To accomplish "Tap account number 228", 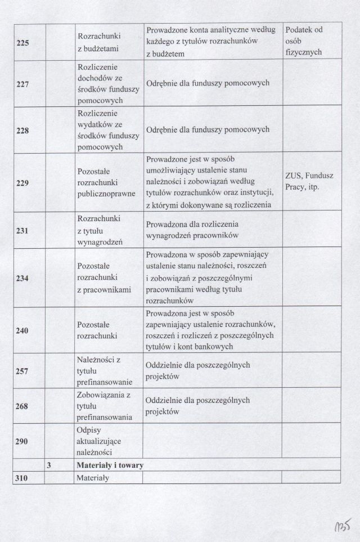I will coord(23,131).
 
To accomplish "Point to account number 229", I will coord(23,183).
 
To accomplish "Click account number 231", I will coord(23,230).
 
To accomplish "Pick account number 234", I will coord(23,278).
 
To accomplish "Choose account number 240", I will coord(23,331).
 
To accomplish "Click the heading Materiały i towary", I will coord(110,466).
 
